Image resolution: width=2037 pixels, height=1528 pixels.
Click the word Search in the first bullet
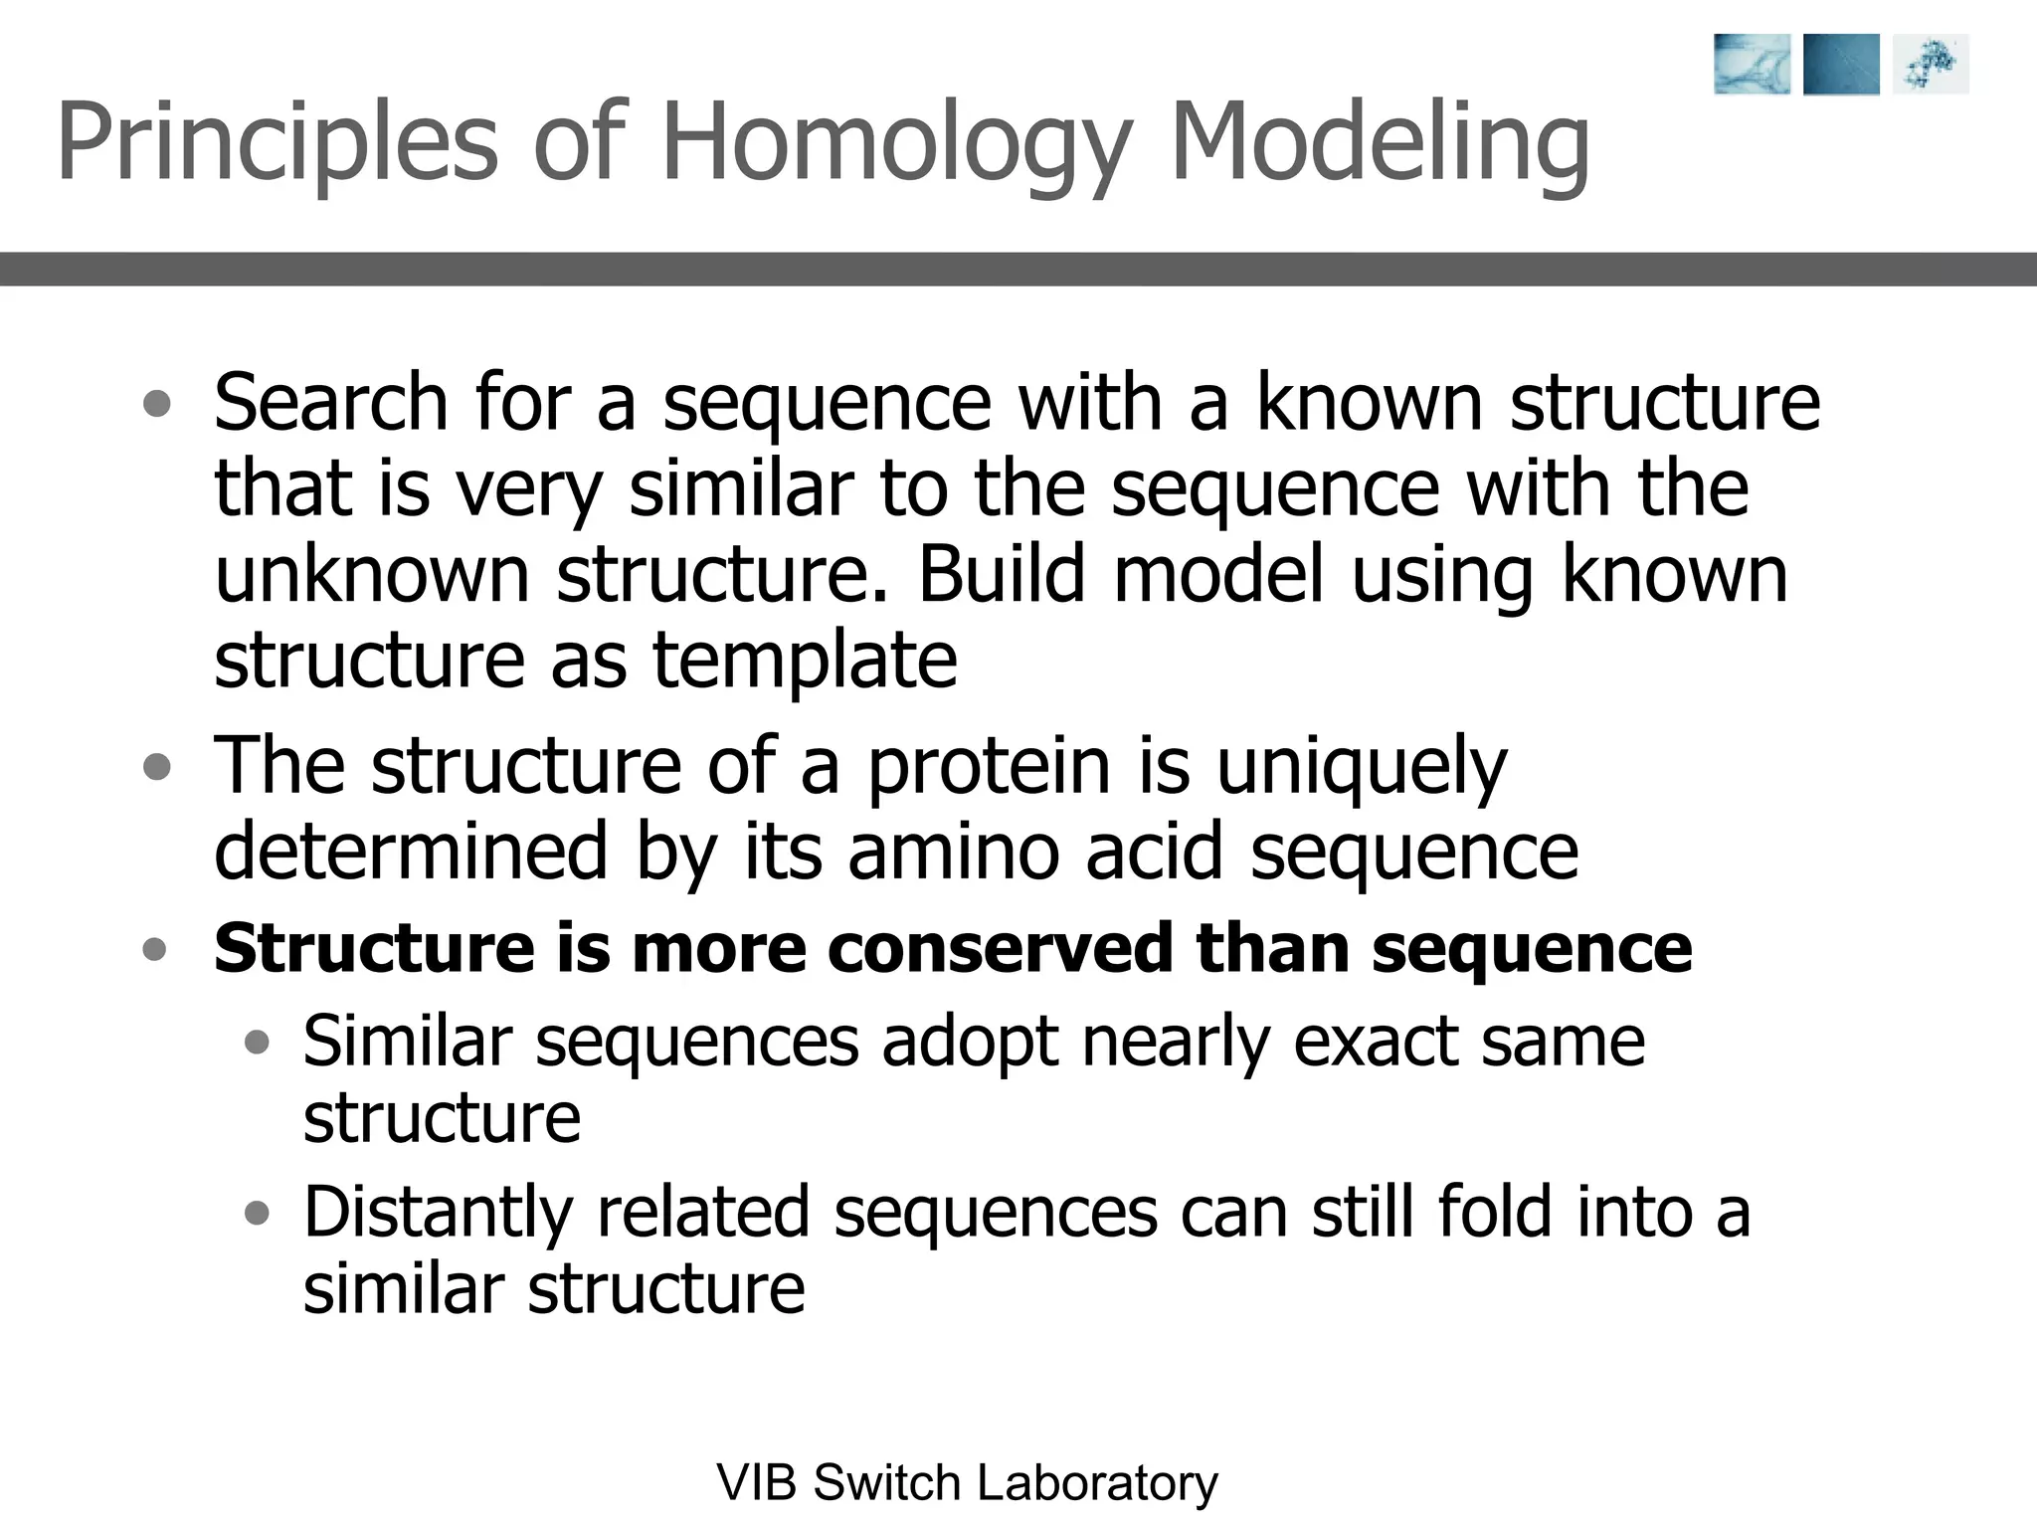point(331,402)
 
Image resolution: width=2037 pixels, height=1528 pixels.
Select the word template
point(805,661)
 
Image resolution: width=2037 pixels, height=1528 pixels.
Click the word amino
point(954,852)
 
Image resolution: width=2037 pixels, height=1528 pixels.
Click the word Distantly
point(438,1214)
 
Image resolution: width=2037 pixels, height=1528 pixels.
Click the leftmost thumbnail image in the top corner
point(1752,65)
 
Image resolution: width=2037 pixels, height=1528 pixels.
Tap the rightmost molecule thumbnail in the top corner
point(1931,65)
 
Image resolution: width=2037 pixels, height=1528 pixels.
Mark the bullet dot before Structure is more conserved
point(154,949)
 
